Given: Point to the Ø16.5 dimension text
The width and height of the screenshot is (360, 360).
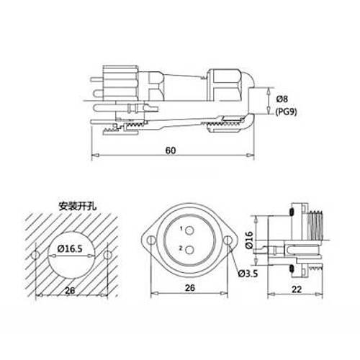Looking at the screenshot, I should [x=71, y=249].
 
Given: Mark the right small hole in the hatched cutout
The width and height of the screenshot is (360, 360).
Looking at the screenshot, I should [x=107, y=256].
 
